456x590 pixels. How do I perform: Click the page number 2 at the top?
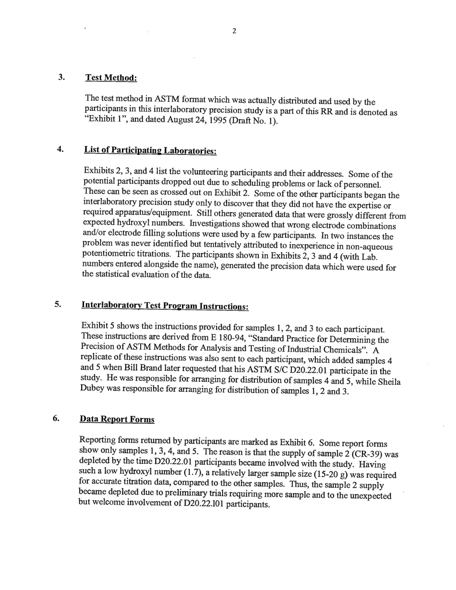point(234,32)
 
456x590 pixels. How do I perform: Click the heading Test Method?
point(111,78)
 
